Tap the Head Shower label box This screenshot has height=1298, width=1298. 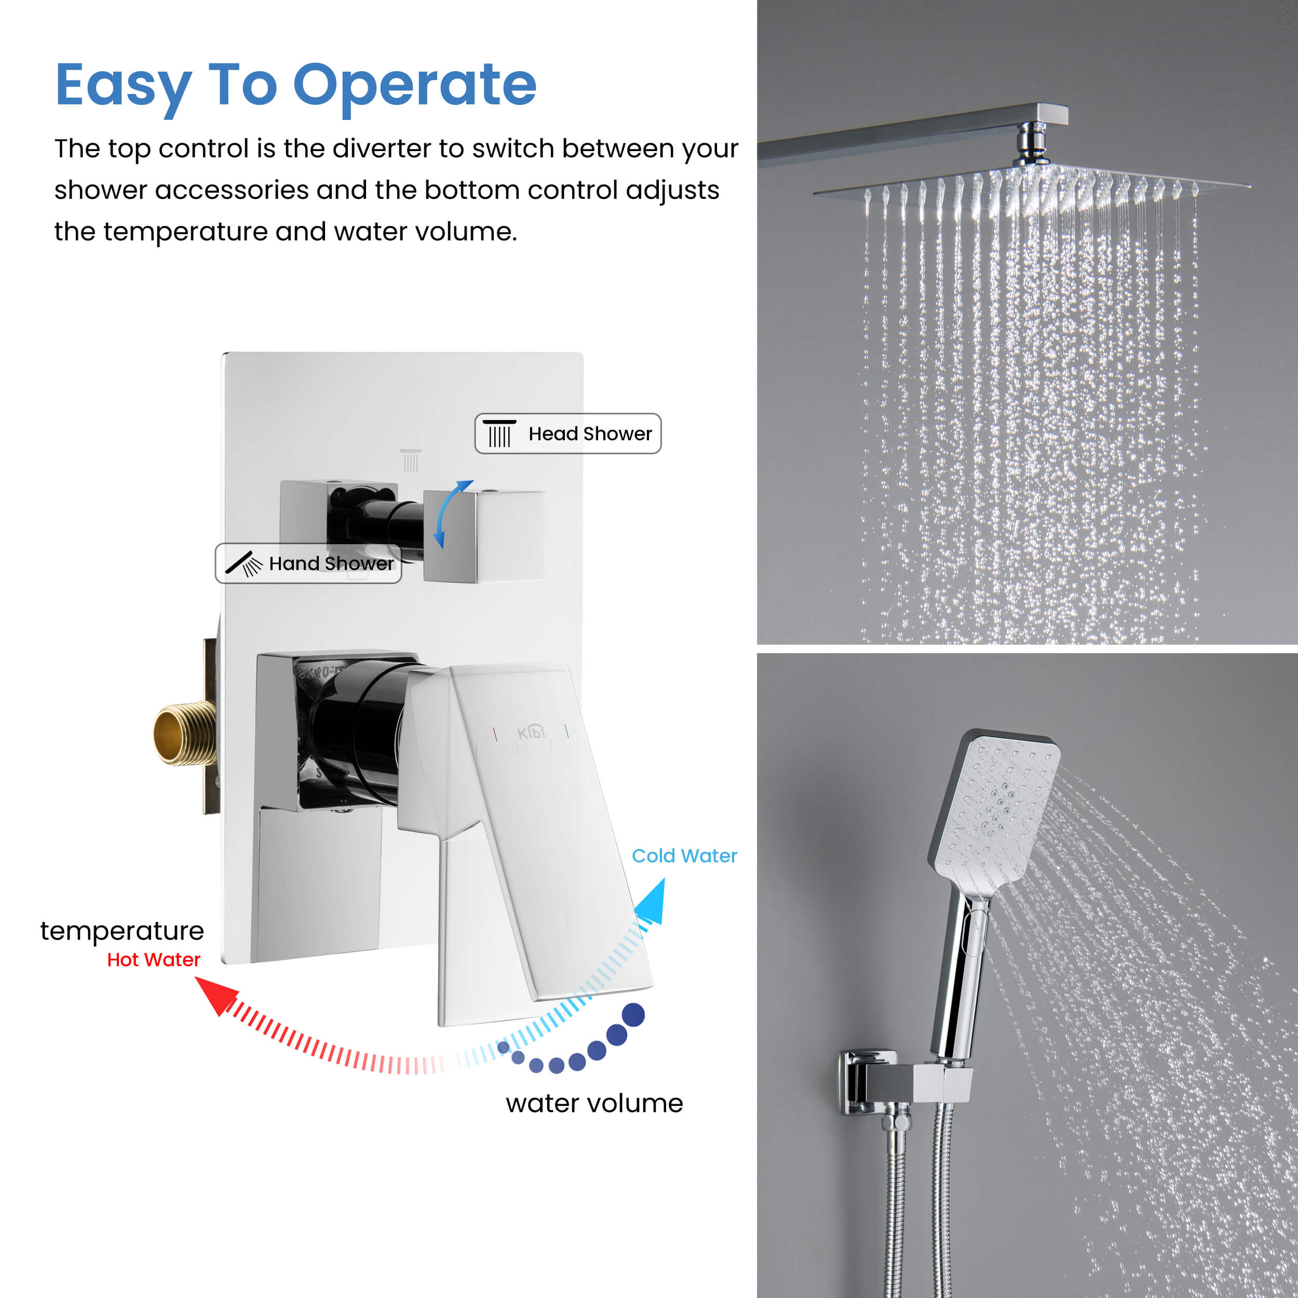(x=567, y=434)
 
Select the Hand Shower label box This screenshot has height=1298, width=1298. (x=308, y=563)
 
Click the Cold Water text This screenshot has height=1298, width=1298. (x=684, y=856)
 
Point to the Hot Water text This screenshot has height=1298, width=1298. (x=154, y=959)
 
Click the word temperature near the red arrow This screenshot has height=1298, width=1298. (x=123, y=931)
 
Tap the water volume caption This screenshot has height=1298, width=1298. (x=594, y=1103)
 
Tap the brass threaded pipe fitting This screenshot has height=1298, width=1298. (x=184, y=734)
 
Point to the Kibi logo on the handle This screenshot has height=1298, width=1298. (x=531, y=732)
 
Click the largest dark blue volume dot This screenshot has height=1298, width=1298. (x=633, y=1015)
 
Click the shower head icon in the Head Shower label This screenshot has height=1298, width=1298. (x=499, y=434)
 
